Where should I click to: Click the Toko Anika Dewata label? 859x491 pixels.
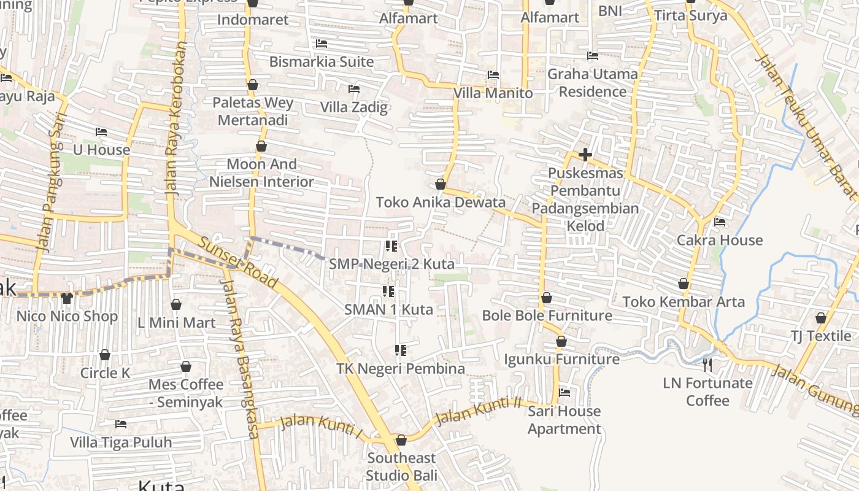point(441,203)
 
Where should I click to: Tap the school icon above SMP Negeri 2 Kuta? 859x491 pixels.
point(391,246)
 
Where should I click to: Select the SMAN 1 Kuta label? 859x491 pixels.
point(388,310)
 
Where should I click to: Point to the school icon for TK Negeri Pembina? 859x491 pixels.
point(401,350)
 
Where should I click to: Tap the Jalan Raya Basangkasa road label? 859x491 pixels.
point(240,359)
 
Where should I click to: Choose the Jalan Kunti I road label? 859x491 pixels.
point(320,426)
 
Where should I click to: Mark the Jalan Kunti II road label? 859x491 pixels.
point(477,411)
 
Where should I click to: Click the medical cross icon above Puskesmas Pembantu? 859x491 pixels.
point(585,155)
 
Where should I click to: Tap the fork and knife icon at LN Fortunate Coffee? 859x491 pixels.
point(707,365)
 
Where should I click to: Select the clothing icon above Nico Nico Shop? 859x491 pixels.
point(67,298)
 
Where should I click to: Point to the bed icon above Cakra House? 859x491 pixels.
point(720,222)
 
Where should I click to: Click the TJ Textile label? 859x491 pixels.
point(820,336)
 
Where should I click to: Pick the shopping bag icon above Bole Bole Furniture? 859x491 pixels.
point(547,298)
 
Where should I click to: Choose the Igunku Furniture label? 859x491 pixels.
point(561,359)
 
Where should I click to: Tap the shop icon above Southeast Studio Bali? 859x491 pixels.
point(401,440)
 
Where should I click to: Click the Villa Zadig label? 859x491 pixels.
point(354,107)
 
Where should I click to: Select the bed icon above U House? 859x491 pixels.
point(101,132)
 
